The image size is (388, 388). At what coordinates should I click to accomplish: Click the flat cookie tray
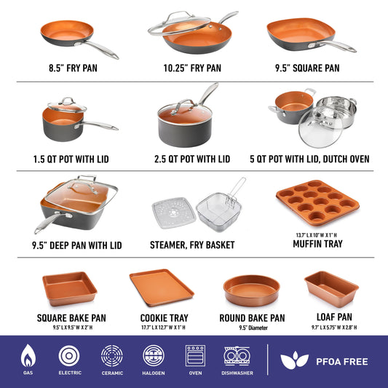click(161, 288)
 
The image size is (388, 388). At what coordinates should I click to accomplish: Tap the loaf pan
click(331, 288)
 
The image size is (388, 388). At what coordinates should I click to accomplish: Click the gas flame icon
click(28, 356)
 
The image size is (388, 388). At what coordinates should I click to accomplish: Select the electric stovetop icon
click(70, 356)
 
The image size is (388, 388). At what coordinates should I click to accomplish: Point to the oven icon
click(195, 356)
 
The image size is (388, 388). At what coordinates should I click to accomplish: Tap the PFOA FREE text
click(341, 361)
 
